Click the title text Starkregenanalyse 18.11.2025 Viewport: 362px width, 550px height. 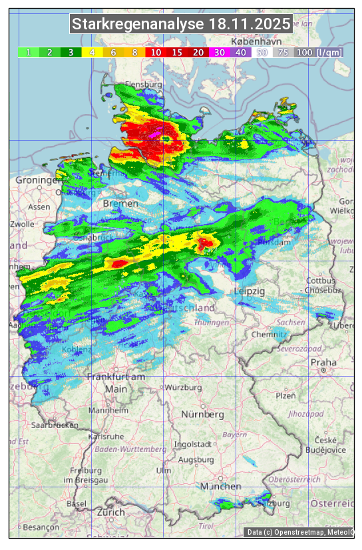point(181,25)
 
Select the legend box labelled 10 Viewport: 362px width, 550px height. point(155,52)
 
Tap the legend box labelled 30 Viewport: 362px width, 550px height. point(219,52)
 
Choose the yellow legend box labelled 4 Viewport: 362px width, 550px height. point(92,52)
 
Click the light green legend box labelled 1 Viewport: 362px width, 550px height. point(29,52)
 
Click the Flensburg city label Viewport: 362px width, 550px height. point(143,85)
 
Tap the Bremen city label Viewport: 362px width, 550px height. point(120,203)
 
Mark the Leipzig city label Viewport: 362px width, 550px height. point(250,292)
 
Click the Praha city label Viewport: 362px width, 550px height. point(323,362)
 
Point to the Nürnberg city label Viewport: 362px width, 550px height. point(200,414)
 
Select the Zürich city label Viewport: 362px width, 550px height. point(110,512)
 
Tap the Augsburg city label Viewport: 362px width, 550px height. point(196,460)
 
